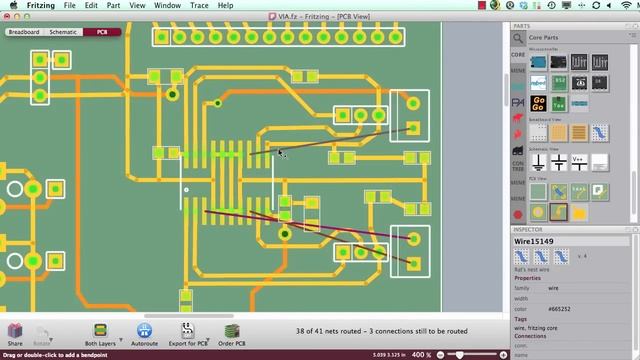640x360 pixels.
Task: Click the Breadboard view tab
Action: point(24,32)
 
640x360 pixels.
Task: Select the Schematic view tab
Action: point(63,32)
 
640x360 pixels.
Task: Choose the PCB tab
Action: point(102,32)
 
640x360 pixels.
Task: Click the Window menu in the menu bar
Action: point(167,5)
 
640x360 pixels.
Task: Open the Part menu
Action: point(115,5)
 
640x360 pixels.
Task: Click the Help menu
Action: point(226,5)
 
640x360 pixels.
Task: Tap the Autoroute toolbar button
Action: point(144,334)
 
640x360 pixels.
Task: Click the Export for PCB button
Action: point(188,334)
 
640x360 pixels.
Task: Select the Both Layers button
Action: point(99,334)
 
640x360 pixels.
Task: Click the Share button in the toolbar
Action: point(15,334)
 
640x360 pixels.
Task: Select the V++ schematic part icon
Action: point(578,160)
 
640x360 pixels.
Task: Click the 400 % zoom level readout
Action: point(421,354)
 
